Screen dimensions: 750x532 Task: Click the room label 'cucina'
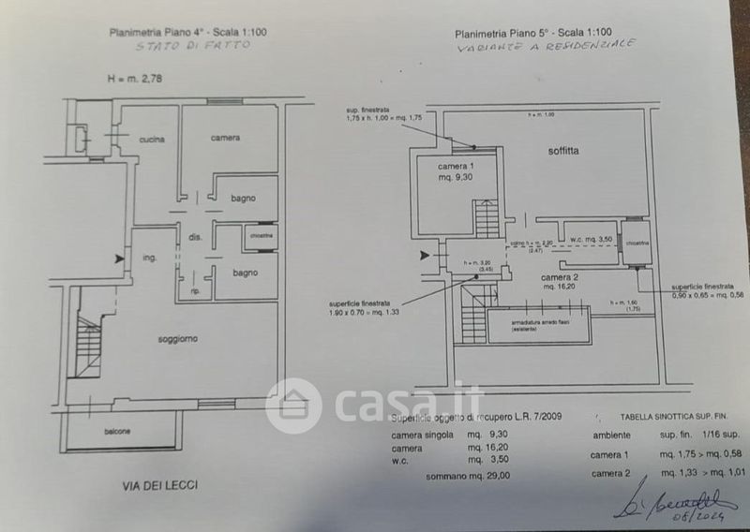[x=152, y=140]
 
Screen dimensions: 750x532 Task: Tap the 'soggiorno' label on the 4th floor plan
[x=178, y=338]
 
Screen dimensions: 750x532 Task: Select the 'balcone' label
[x=117, y=432]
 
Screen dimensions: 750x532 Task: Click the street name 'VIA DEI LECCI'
[x=161, y=485]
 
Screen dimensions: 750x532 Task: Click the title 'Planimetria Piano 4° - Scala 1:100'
[x=187, y=32]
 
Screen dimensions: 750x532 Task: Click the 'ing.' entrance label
[x=149, y=258]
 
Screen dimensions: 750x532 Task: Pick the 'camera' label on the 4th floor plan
[x=225, y=138]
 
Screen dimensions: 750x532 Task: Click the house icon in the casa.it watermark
[x=293, y=406]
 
